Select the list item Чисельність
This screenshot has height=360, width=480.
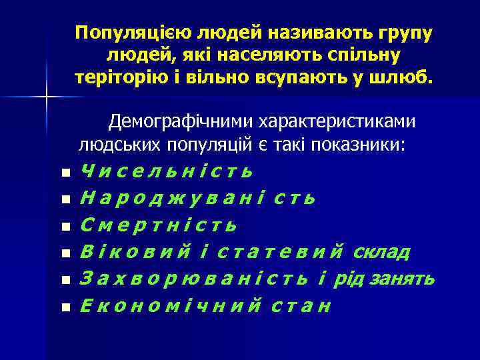(x=167, y=171)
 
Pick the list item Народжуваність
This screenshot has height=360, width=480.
(x=197, y=199)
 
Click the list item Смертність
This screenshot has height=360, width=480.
(x=159, y=225)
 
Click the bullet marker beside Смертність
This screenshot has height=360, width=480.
(x=65, y=227)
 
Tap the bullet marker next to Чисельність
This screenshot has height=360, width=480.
(x=65, y=173)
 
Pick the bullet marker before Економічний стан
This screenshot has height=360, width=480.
(x=65, y=307)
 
